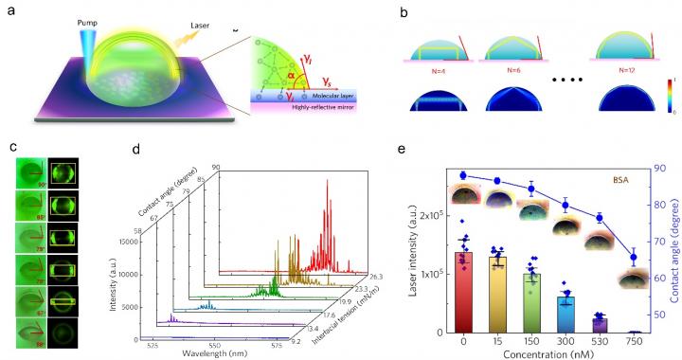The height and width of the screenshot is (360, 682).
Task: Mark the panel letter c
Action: [9, 150]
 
